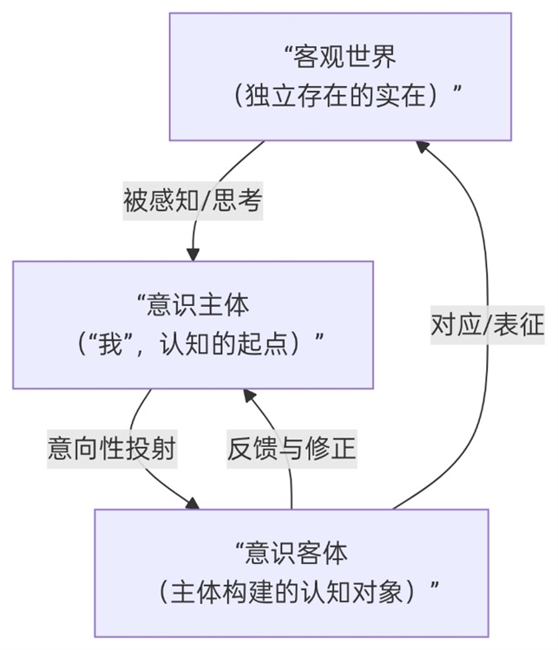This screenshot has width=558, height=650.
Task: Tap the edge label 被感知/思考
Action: point(193,201)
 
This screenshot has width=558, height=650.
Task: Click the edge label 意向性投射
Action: point(112,448)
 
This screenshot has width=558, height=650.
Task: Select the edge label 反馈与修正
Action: point(292,448)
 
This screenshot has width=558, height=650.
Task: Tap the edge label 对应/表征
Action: point(488,324)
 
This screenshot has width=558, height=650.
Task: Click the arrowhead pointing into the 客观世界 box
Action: point(423,146)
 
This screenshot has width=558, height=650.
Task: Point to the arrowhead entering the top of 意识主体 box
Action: point(193,254)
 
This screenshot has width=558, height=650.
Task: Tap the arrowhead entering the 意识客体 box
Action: point(192,503)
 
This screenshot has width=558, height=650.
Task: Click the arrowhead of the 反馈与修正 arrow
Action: point(249,395)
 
